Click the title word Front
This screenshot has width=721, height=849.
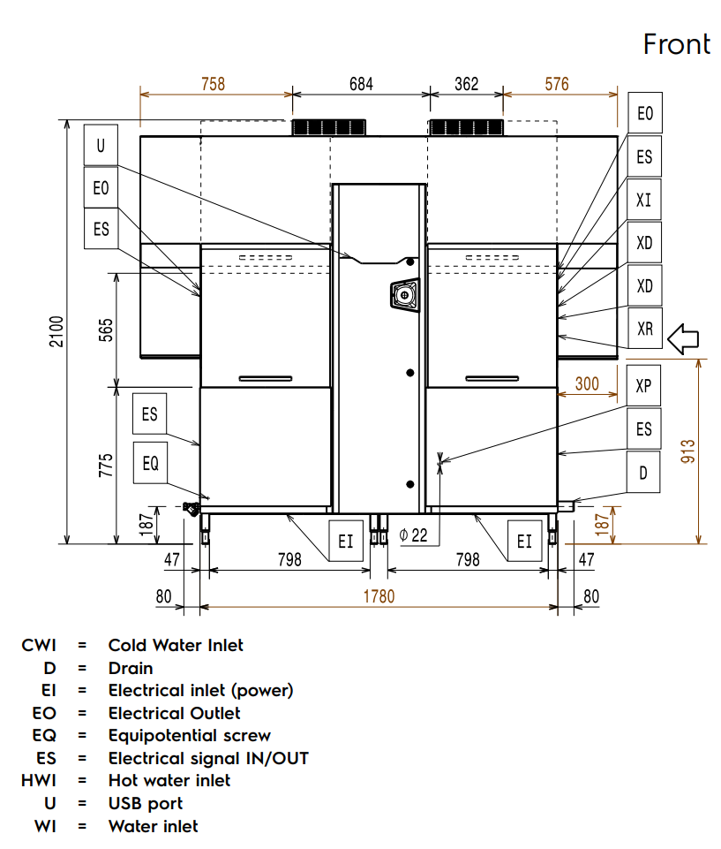[x=676, y=43]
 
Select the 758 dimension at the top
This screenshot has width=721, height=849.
[x=213, y=85]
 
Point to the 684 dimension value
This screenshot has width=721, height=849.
[x=361, y=85]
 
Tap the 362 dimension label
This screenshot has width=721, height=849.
[x=466, y=85]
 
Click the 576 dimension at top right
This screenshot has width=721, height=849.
[x=557, y=85]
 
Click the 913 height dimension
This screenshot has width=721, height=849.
[x=689, y=451]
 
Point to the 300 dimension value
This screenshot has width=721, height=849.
[x=586, y=383]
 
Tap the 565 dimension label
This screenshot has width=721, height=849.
[x=105, y=329]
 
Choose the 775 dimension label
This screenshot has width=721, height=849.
[x=105, y=465]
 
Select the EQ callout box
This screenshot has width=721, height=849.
[x=150, y=462]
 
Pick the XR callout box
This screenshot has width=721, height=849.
[x=644, y=329]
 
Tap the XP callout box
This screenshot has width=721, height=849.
[x=643, y=386]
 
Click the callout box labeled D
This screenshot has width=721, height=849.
[x=643, y=474]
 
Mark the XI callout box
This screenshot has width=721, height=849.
[x=644, y=200]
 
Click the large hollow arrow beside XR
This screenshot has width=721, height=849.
[x=683, y=337]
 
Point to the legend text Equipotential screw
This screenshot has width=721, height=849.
[x=189, y=735]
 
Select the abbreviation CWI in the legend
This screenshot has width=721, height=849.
[x=39, y=645]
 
